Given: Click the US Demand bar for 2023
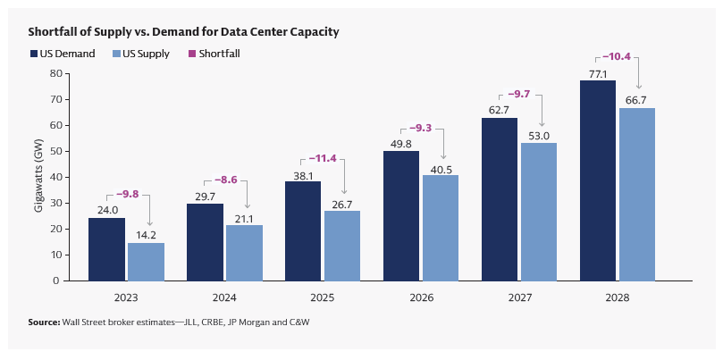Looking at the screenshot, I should point(106,249).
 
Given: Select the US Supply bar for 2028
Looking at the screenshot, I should point(637,194).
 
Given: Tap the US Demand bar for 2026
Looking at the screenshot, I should point(401,215).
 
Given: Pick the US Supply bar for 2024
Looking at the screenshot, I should point(244,253).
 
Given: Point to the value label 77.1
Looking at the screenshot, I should point(597,72).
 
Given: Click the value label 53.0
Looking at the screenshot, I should point(539,135).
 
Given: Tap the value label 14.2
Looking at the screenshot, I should point(146,235).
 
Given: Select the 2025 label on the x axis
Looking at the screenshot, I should point(323,296).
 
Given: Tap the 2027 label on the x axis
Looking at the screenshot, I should point(519,296).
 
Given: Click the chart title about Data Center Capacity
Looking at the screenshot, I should point(183,31).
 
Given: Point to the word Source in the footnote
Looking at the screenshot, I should point(43,322).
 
